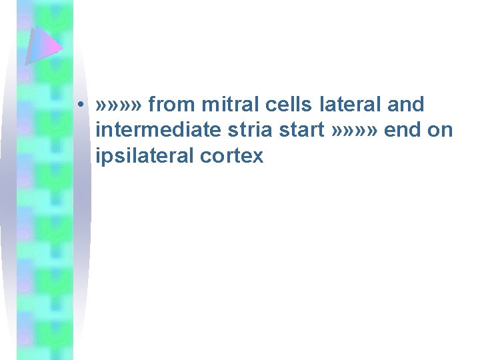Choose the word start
point(302,131)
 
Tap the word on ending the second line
point(440,131)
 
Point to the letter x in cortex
point(258,157)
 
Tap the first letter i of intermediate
point(99,131)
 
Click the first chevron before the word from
point(101,105)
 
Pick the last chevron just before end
point(375,131)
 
